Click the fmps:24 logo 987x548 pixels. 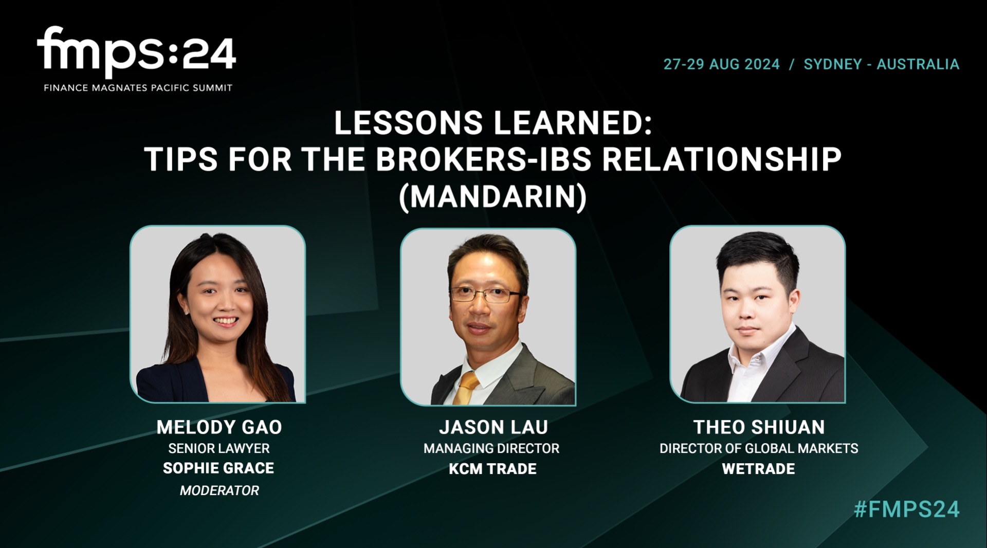(x=136, y=52)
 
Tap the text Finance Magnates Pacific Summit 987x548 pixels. (x=138, y=88)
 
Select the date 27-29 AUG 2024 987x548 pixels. (x=721, y=64)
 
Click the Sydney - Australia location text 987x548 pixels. (x=881, y=64)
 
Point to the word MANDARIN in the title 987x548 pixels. (x=492, y=196)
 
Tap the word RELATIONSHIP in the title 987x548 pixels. (x=721, y=159)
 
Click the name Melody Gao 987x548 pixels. (x=219, y=427)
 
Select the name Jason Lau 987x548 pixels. (x=493, y=427)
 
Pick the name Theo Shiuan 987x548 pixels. (x=759, y=427)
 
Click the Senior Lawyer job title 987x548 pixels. (x=219, y=448)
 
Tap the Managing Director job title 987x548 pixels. (x=491, y=448)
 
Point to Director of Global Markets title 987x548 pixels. (x=759, y=448)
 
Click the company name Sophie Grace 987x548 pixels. (x=218, y=468)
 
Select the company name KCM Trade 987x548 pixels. (x=492, y=469)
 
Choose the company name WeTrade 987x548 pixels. (x=758, y=469)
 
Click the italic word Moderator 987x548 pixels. (x=219, y=490)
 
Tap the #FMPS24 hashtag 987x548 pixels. (x=906, y=509)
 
